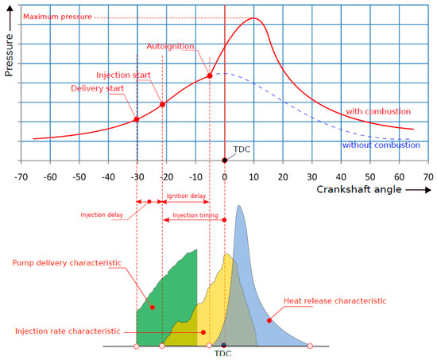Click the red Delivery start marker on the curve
pyautogui.click(x=136, y=119)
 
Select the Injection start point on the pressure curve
pyautogui.click(x=162, y=104)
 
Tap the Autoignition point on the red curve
pyautogui.click(x=210, y=75)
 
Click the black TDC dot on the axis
pyautogui.click(x=225, y=161)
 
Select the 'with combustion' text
pyautogui.click(x=377, y=111)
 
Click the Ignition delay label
pyautogui.click(x=187, y=195)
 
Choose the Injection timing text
pyautogui.click(x=193, y=215)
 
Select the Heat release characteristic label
pyautogui.click(x=335, y=300)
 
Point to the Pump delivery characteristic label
pyautogui.click(x=67, y=261)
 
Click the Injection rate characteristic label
pyautogui.click(x=68, y=331)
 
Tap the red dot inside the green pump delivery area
pyautogui.click(x=152, y=306)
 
